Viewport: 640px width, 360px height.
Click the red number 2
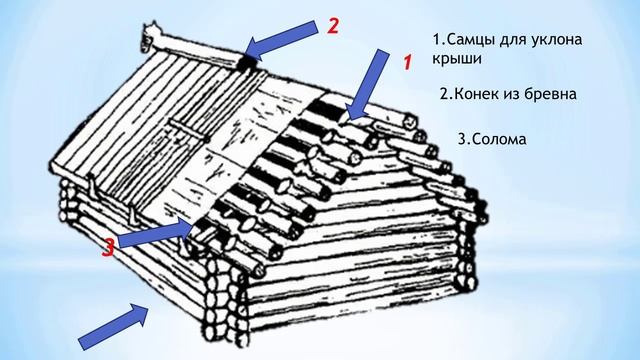point(333,26)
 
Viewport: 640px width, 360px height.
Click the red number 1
point(408,62)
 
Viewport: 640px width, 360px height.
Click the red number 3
point(108,248)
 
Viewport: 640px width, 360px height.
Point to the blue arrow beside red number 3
point(154,233)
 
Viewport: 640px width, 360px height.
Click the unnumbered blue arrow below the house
point(113,327)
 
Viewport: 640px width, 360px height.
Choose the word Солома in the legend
point(498,139)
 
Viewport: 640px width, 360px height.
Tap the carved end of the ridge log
point(149,36)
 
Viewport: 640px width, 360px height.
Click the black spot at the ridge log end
point(247,62)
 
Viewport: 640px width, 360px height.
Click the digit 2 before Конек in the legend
point(444,95)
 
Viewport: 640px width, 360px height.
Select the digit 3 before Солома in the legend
point(462,139)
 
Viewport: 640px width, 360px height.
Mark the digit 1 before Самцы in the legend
point(436,40)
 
